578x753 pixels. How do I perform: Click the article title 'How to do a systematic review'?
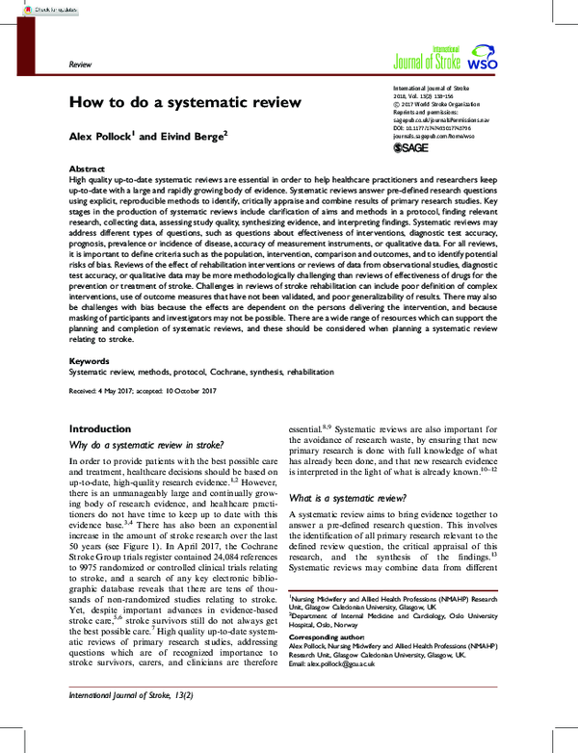click(184, 102)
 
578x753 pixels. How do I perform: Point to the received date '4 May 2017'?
click(129, 365)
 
